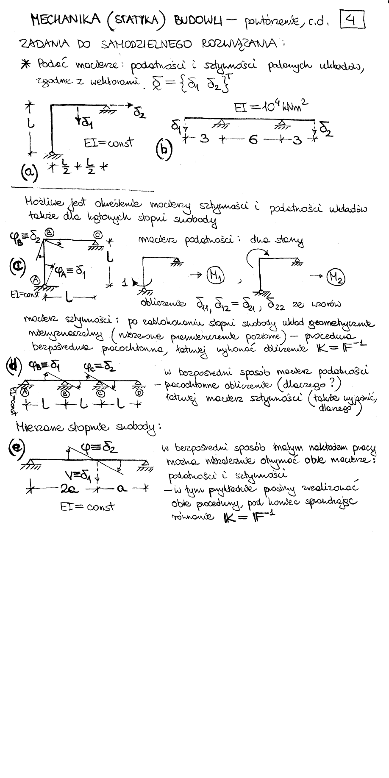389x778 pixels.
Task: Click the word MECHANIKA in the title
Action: (65, 19)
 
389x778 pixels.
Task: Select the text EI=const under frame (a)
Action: (108, 143)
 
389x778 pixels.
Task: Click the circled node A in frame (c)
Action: (35, 280)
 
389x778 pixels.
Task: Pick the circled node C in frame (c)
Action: (97, 233)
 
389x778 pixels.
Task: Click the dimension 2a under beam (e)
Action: (67, 489)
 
